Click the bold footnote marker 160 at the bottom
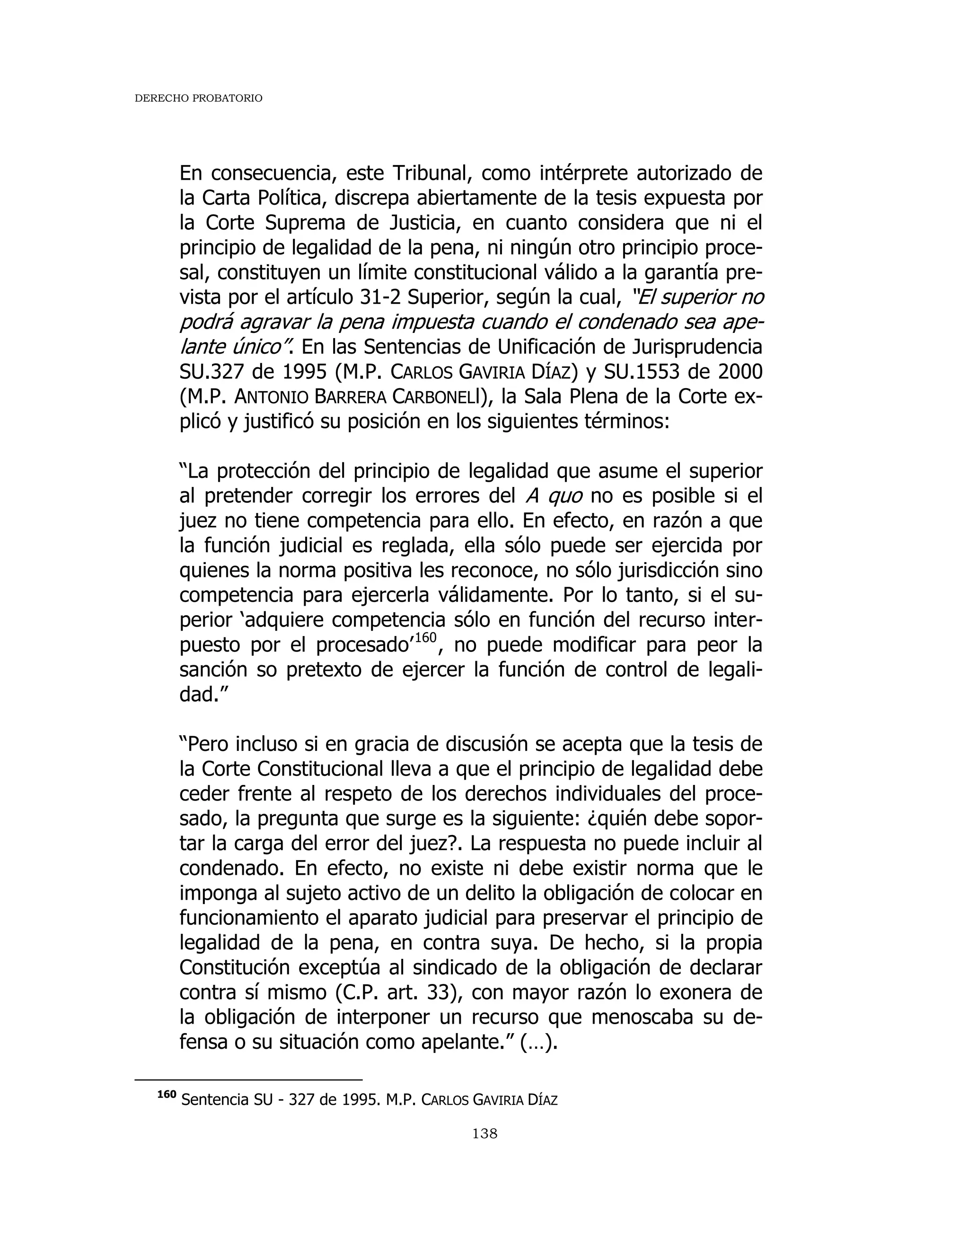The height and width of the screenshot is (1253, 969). tap(167, 1095)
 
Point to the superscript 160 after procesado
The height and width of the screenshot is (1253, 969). tap(425, 637)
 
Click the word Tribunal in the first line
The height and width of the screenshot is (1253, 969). tap(431, 173)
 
